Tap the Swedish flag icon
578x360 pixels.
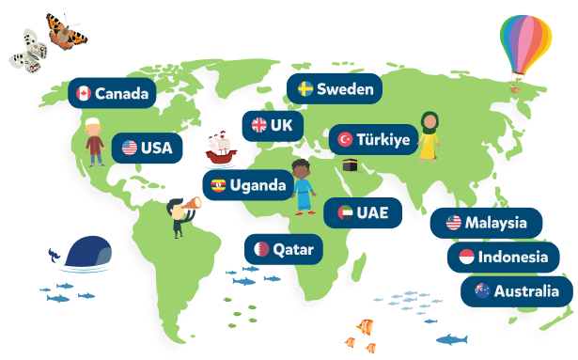click(305, 89)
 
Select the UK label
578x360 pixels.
click(272, 125)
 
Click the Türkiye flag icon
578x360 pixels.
click(345, 140)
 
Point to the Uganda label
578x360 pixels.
click(247, 185)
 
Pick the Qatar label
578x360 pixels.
click(285, 250)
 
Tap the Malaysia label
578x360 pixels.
click(486, 223)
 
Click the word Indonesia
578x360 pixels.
click(512, 257)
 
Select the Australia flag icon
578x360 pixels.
click(482, 290)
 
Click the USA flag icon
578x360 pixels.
click(130, 148)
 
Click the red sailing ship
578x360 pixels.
click(219, 147)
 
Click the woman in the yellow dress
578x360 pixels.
click(429, 136)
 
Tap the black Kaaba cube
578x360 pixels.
click(352, 164)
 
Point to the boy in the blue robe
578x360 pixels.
click(302, 187)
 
